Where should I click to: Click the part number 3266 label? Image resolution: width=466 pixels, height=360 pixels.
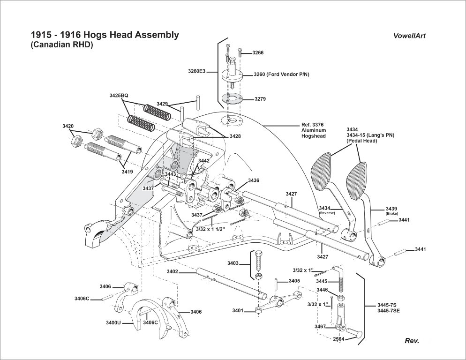[x=258, y=52]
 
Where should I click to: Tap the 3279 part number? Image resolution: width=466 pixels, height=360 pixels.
[x=260, y=99]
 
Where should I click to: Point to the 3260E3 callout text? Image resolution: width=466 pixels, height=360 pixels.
[x=196, y=71]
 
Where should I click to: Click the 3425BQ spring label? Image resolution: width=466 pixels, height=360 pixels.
[x=119, y=95]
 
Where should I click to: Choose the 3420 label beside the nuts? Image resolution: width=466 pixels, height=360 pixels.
[x=68, y=126]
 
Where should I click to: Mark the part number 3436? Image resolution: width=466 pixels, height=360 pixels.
[x=254, y=180]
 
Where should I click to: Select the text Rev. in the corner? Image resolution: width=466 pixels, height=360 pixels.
[x=412, y=341]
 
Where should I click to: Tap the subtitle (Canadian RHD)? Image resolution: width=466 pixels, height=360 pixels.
[x=62, y=45]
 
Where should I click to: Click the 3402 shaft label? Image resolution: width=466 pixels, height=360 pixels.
[x=172, y=271]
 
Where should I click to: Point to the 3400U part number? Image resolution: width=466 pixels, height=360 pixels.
[x=113, y=322]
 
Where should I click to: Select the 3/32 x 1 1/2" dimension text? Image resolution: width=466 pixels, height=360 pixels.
[x=210, y=228]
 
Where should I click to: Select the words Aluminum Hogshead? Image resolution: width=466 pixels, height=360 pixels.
[x=314, y=133]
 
